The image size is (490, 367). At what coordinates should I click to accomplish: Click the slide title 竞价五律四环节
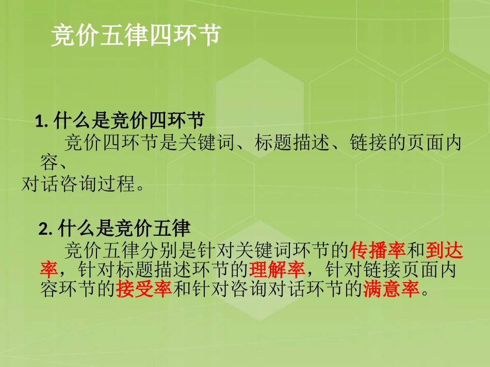[x=136, y=36]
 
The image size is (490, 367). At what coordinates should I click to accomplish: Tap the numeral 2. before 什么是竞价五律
[x=46, y=228]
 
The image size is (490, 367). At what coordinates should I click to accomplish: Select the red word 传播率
[x=378, y=250]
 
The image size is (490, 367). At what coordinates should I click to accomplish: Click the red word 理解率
[x=277, y=270]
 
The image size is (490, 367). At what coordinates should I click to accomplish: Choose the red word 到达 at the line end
[x=445, y=250]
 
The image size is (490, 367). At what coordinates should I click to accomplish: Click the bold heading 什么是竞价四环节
[x=129, y=121]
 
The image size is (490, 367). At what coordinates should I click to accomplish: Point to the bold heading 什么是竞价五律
[x=124, y=228]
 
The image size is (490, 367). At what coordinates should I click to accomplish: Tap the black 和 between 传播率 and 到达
[x=416, y=250]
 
